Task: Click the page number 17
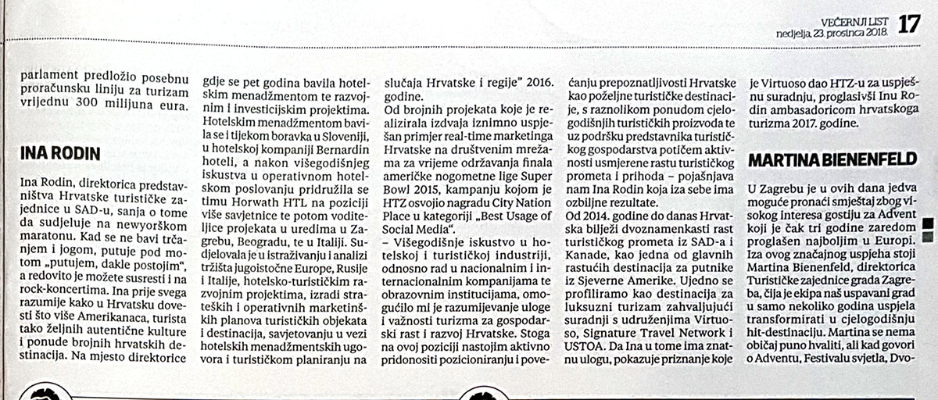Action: pyautogui.click(x=909, y=23)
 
